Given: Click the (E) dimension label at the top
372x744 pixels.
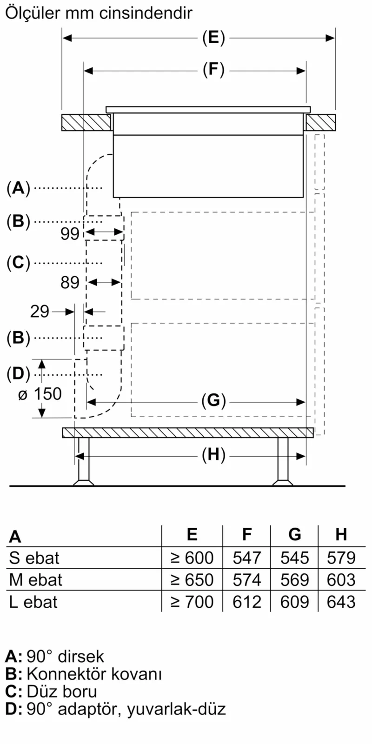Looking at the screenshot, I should pos(213,38).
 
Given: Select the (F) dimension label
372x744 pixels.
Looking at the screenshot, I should pos(213,70).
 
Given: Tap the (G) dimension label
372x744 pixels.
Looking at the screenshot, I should pos(213,401).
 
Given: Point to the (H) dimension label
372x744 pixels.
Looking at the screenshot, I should pos(213,455).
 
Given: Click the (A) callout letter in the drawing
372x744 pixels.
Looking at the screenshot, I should pos(18,188).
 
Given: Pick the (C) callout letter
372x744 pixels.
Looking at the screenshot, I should pos(18,263).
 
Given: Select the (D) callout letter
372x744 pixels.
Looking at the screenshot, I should pos(18,373).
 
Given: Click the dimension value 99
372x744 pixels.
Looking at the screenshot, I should pos(70,233).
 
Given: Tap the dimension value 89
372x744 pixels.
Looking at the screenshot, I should pos(70,282).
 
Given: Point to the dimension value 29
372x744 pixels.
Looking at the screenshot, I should pos(40,312).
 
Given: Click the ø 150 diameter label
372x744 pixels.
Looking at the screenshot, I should pos(40,394).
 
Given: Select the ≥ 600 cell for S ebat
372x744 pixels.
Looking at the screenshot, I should pos(192,558).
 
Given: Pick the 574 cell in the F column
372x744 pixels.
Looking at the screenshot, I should pos(247,580).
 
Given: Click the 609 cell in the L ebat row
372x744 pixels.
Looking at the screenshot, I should pos(294,602).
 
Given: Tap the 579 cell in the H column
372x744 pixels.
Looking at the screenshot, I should pos(341,558).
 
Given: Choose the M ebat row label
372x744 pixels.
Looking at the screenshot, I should pos(36,580).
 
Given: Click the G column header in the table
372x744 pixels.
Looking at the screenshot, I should pos(294,535).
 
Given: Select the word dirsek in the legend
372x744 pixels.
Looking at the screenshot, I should pos(81,656).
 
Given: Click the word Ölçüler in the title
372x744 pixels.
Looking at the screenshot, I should pos(33,13).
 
